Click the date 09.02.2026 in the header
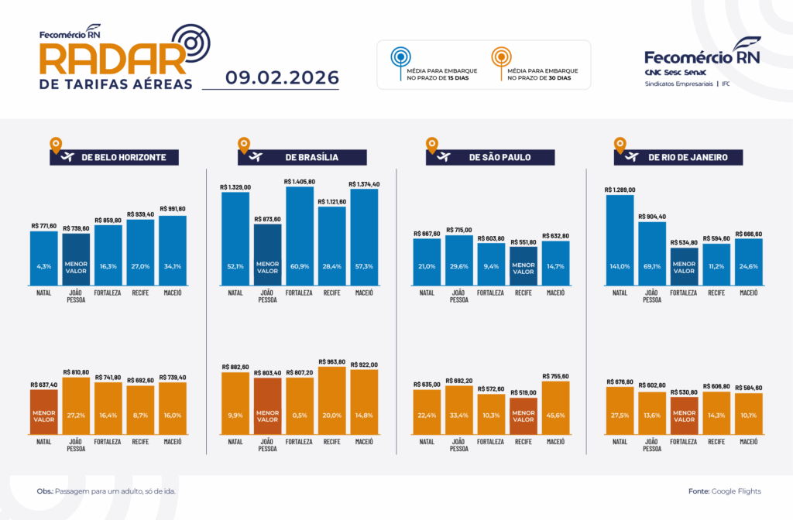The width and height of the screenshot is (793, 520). pyautogui.click(x=283, y=77)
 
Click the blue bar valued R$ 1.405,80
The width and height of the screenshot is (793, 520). pyautogui.click(x=299, y=236)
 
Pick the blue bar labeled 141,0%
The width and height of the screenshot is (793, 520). pyautogui.click(x=620, y=240)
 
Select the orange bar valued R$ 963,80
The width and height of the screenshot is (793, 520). pyautogui.click(x=331, y=400)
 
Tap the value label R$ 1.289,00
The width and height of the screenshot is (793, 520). pyautogui.click(x=620, y=190)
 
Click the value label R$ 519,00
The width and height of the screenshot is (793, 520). pyautogui.click(x=524, y=393)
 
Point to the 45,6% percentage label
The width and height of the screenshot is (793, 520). pyautogui.click(x=556, y=415)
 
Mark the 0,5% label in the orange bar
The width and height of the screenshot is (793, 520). pyautogui.click(x=299, y=415)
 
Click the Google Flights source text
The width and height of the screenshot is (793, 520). pyautogui.click(x=736, y=491)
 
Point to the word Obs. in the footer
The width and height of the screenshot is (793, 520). pyautogui.click(x=44, y=491)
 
